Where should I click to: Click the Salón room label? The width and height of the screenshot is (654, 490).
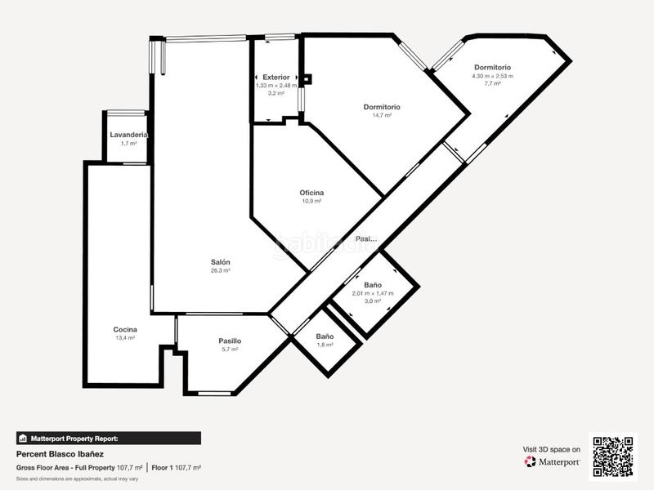click(x=220, y=261)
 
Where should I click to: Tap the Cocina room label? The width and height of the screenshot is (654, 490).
click(x=125, y=329)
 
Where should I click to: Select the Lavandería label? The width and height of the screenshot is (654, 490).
click(x=128, y=134)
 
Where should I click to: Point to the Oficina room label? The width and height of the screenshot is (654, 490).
click(x=311, y=193)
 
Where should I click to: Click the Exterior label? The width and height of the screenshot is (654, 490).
click(x=275, y=77)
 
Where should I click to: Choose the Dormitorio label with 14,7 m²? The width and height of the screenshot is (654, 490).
click(x=382, y=107)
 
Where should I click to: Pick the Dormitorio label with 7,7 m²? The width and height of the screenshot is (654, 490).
click(x=492, y=67)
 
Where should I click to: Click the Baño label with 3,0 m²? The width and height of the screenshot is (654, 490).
click(x=373, y=285)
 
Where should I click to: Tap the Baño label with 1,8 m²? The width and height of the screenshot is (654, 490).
click(x=325, y=336)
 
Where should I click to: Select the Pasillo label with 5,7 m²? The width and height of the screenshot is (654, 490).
click(x=230, y=341)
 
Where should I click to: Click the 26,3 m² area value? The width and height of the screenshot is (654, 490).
click(x=220, y=270)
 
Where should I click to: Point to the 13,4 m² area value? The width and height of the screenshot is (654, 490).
click(x=125, y=337)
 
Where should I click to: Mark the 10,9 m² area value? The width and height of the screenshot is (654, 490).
click(x=311, y=201)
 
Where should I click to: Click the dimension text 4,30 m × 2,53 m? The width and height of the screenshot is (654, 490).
click(x=492, y=76)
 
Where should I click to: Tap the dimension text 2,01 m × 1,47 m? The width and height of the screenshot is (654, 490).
click(x=373, y=293)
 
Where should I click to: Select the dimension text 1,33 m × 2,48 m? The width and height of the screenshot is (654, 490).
click(x=276, y=85)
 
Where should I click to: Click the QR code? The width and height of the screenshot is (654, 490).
click(x=613, y=456)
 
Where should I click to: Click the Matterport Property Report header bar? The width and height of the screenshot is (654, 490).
click(x=109, y=438)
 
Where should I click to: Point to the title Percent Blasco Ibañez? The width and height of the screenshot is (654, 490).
click(x=60, y=453)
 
